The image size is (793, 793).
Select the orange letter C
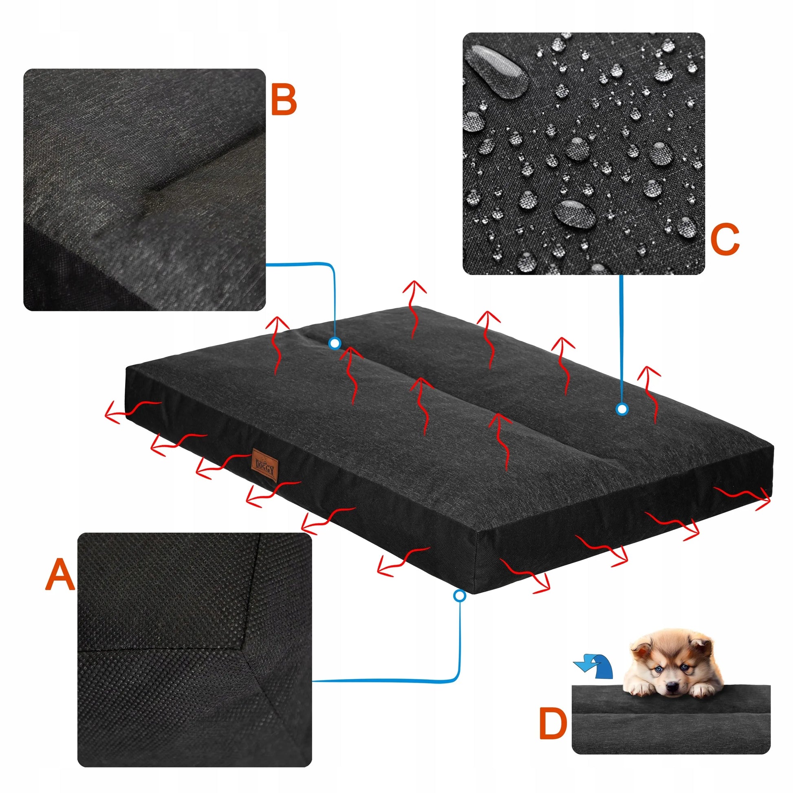(725, 240)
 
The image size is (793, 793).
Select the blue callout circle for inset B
(335, 343)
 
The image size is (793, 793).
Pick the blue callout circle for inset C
(623, 409)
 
